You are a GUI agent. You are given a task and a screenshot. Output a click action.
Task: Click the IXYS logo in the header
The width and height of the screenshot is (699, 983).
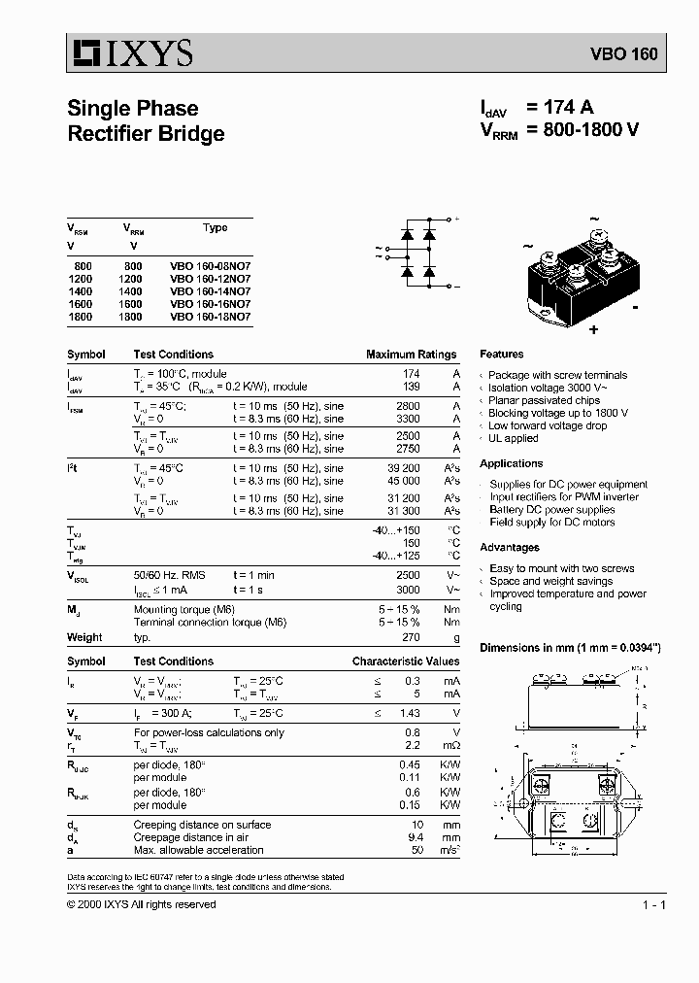tap(130, 53)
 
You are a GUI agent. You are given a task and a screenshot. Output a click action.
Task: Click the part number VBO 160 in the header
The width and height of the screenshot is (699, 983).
tap(623, 54)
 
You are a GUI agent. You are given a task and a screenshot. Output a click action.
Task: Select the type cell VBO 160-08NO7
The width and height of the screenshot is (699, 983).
tap(210, 265)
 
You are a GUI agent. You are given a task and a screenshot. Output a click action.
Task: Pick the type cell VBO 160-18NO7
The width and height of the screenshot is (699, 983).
tap(210, 316)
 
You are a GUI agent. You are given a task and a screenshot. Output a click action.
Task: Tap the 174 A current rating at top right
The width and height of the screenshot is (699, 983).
tap(560, 108)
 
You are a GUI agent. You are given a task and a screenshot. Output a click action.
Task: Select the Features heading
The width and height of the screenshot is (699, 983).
tap(501, 355)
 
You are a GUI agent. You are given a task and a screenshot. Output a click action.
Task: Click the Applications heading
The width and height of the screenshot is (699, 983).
tap(511, 463)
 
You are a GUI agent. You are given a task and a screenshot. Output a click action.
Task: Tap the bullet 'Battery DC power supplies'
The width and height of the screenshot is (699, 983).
tap(551, 509)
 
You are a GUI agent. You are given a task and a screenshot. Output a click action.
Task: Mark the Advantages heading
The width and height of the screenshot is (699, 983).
tap(510, 547)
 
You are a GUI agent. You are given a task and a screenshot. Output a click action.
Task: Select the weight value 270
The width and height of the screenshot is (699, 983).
tap(411, 637)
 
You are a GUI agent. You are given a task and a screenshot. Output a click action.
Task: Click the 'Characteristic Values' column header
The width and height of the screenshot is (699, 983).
tap(405, 661)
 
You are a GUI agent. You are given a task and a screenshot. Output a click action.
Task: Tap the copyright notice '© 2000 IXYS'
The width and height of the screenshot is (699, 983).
tap(142, 904)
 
